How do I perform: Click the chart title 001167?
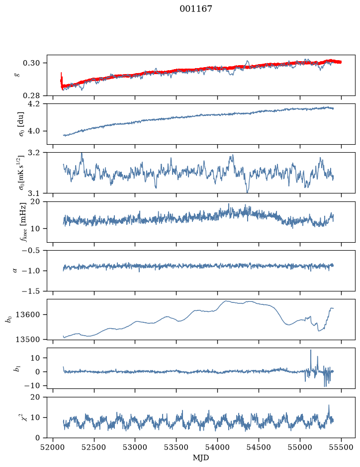195,9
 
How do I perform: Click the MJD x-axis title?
201,458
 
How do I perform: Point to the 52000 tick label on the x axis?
53,447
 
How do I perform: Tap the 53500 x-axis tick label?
177,447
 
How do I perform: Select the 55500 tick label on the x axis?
341,447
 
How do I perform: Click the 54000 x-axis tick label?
217,447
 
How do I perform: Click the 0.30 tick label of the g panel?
31,63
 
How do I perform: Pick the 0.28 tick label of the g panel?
31,95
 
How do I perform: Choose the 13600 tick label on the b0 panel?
27,314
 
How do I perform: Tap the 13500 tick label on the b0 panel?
27,339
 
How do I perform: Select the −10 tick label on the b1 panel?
31,385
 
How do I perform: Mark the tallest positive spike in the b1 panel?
311,350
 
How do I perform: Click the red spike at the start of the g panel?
61,78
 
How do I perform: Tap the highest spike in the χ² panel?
329,405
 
